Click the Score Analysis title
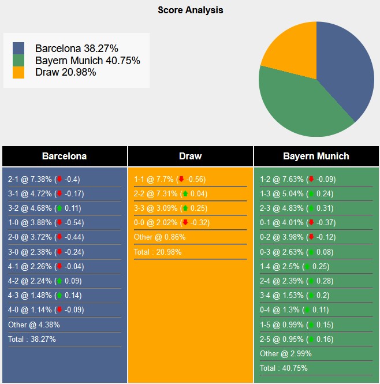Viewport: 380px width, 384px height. [190, 10]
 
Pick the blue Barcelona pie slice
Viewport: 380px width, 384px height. [347, 69]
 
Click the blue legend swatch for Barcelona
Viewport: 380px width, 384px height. [18, 49]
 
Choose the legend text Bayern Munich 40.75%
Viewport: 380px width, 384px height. [87, 61]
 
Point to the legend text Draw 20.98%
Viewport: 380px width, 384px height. [65, 72]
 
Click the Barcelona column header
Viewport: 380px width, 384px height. [64, 156]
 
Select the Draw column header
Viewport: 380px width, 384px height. [190, 156]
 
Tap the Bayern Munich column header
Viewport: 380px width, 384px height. [316, 156]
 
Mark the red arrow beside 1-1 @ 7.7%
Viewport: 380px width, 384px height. [181, 179]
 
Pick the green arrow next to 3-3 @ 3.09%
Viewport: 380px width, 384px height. [185, 208]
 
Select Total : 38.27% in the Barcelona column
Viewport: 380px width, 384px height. [32, 339]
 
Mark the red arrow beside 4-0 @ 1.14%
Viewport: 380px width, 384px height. [59, 310]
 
